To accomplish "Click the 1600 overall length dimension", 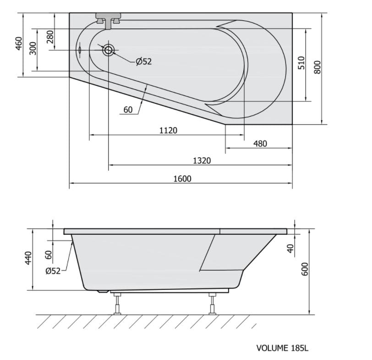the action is [x=182, y=178].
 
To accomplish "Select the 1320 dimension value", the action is [x=202, y=161].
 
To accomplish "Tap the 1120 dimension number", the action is [x=168, y=130].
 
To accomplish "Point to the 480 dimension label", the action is [x=260, y=144].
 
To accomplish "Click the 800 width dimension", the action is [x=317, y=67].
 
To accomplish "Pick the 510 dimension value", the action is [x=301, y=63].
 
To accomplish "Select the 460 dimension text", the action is [x=18, y=44].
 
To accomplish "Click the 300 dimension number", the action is [x=33, y=48].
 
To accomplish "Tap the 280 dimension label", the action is [x=50, y=37].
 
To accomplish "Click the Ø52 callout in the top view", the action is [x=143, y=61].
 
